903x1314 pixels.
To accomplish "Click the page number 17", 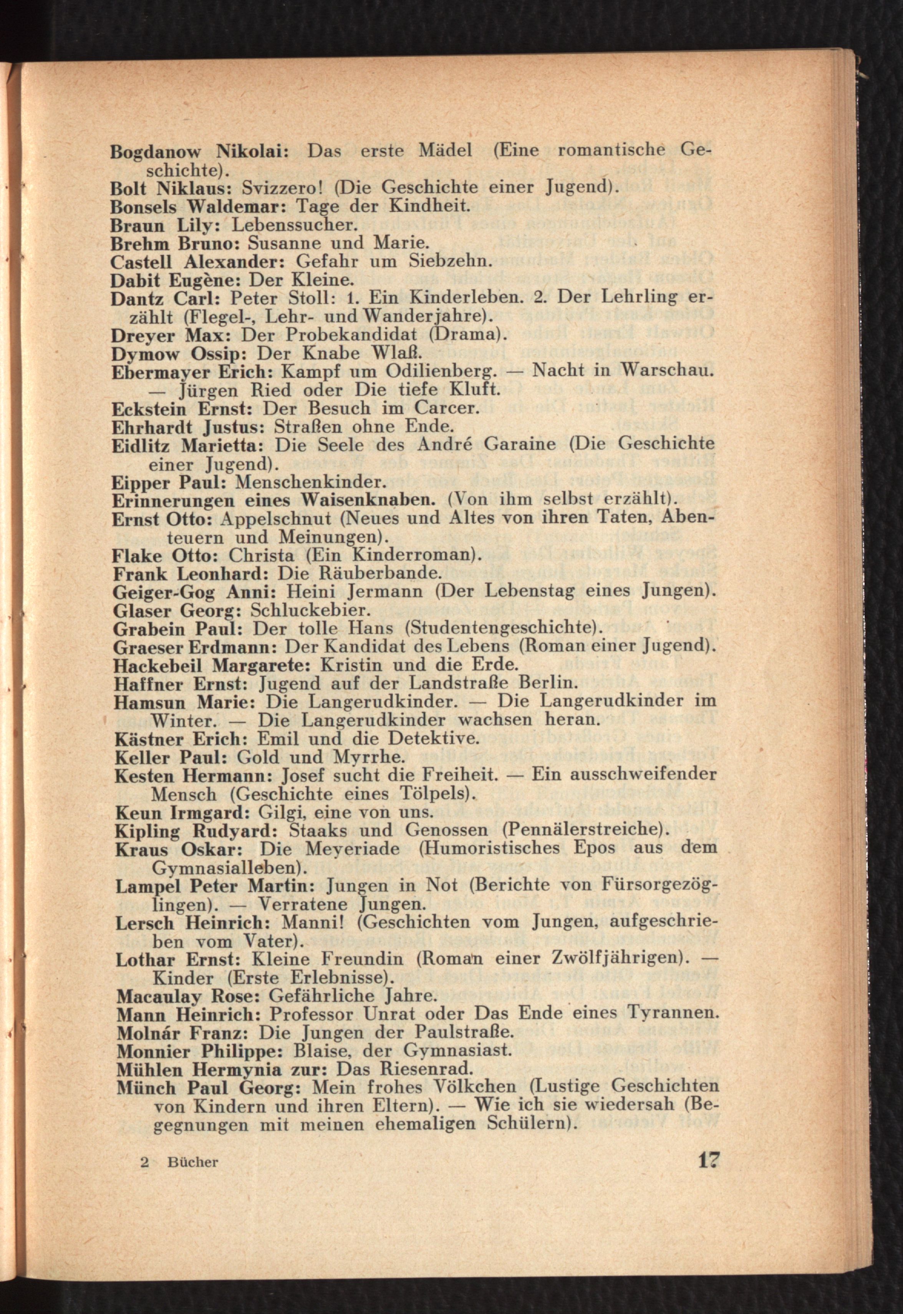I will [x=707, y=1160].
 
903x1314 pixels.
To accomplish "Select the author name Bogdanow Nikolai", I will [x=200, y=152].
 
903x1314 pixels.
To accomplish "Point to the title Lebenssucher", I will [x=295, y=225].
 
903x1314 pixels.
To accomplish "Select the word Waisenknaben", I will [x=368, y=500].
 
